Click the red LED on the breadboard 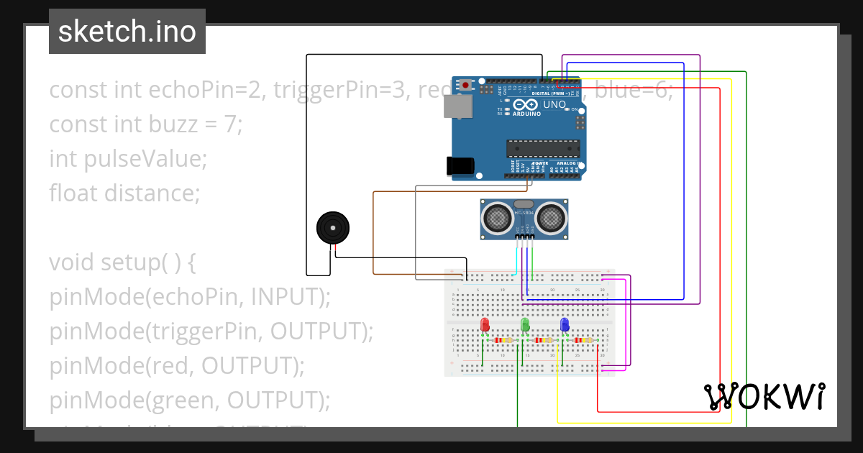485,325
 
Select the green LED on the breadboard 525,325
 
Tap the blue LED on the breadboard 565,325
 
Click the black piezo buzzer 334,229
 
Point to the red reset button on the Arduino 466,85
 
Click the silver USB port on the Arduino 457,107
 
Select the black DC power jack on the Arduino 460,166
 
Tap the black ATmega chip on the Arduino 544,148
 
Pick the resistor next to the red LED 505,340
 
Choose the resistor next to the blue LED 584,340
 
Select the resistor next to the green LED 544,340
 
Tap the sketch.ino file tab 127,32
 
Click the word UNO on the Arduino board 554,105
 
